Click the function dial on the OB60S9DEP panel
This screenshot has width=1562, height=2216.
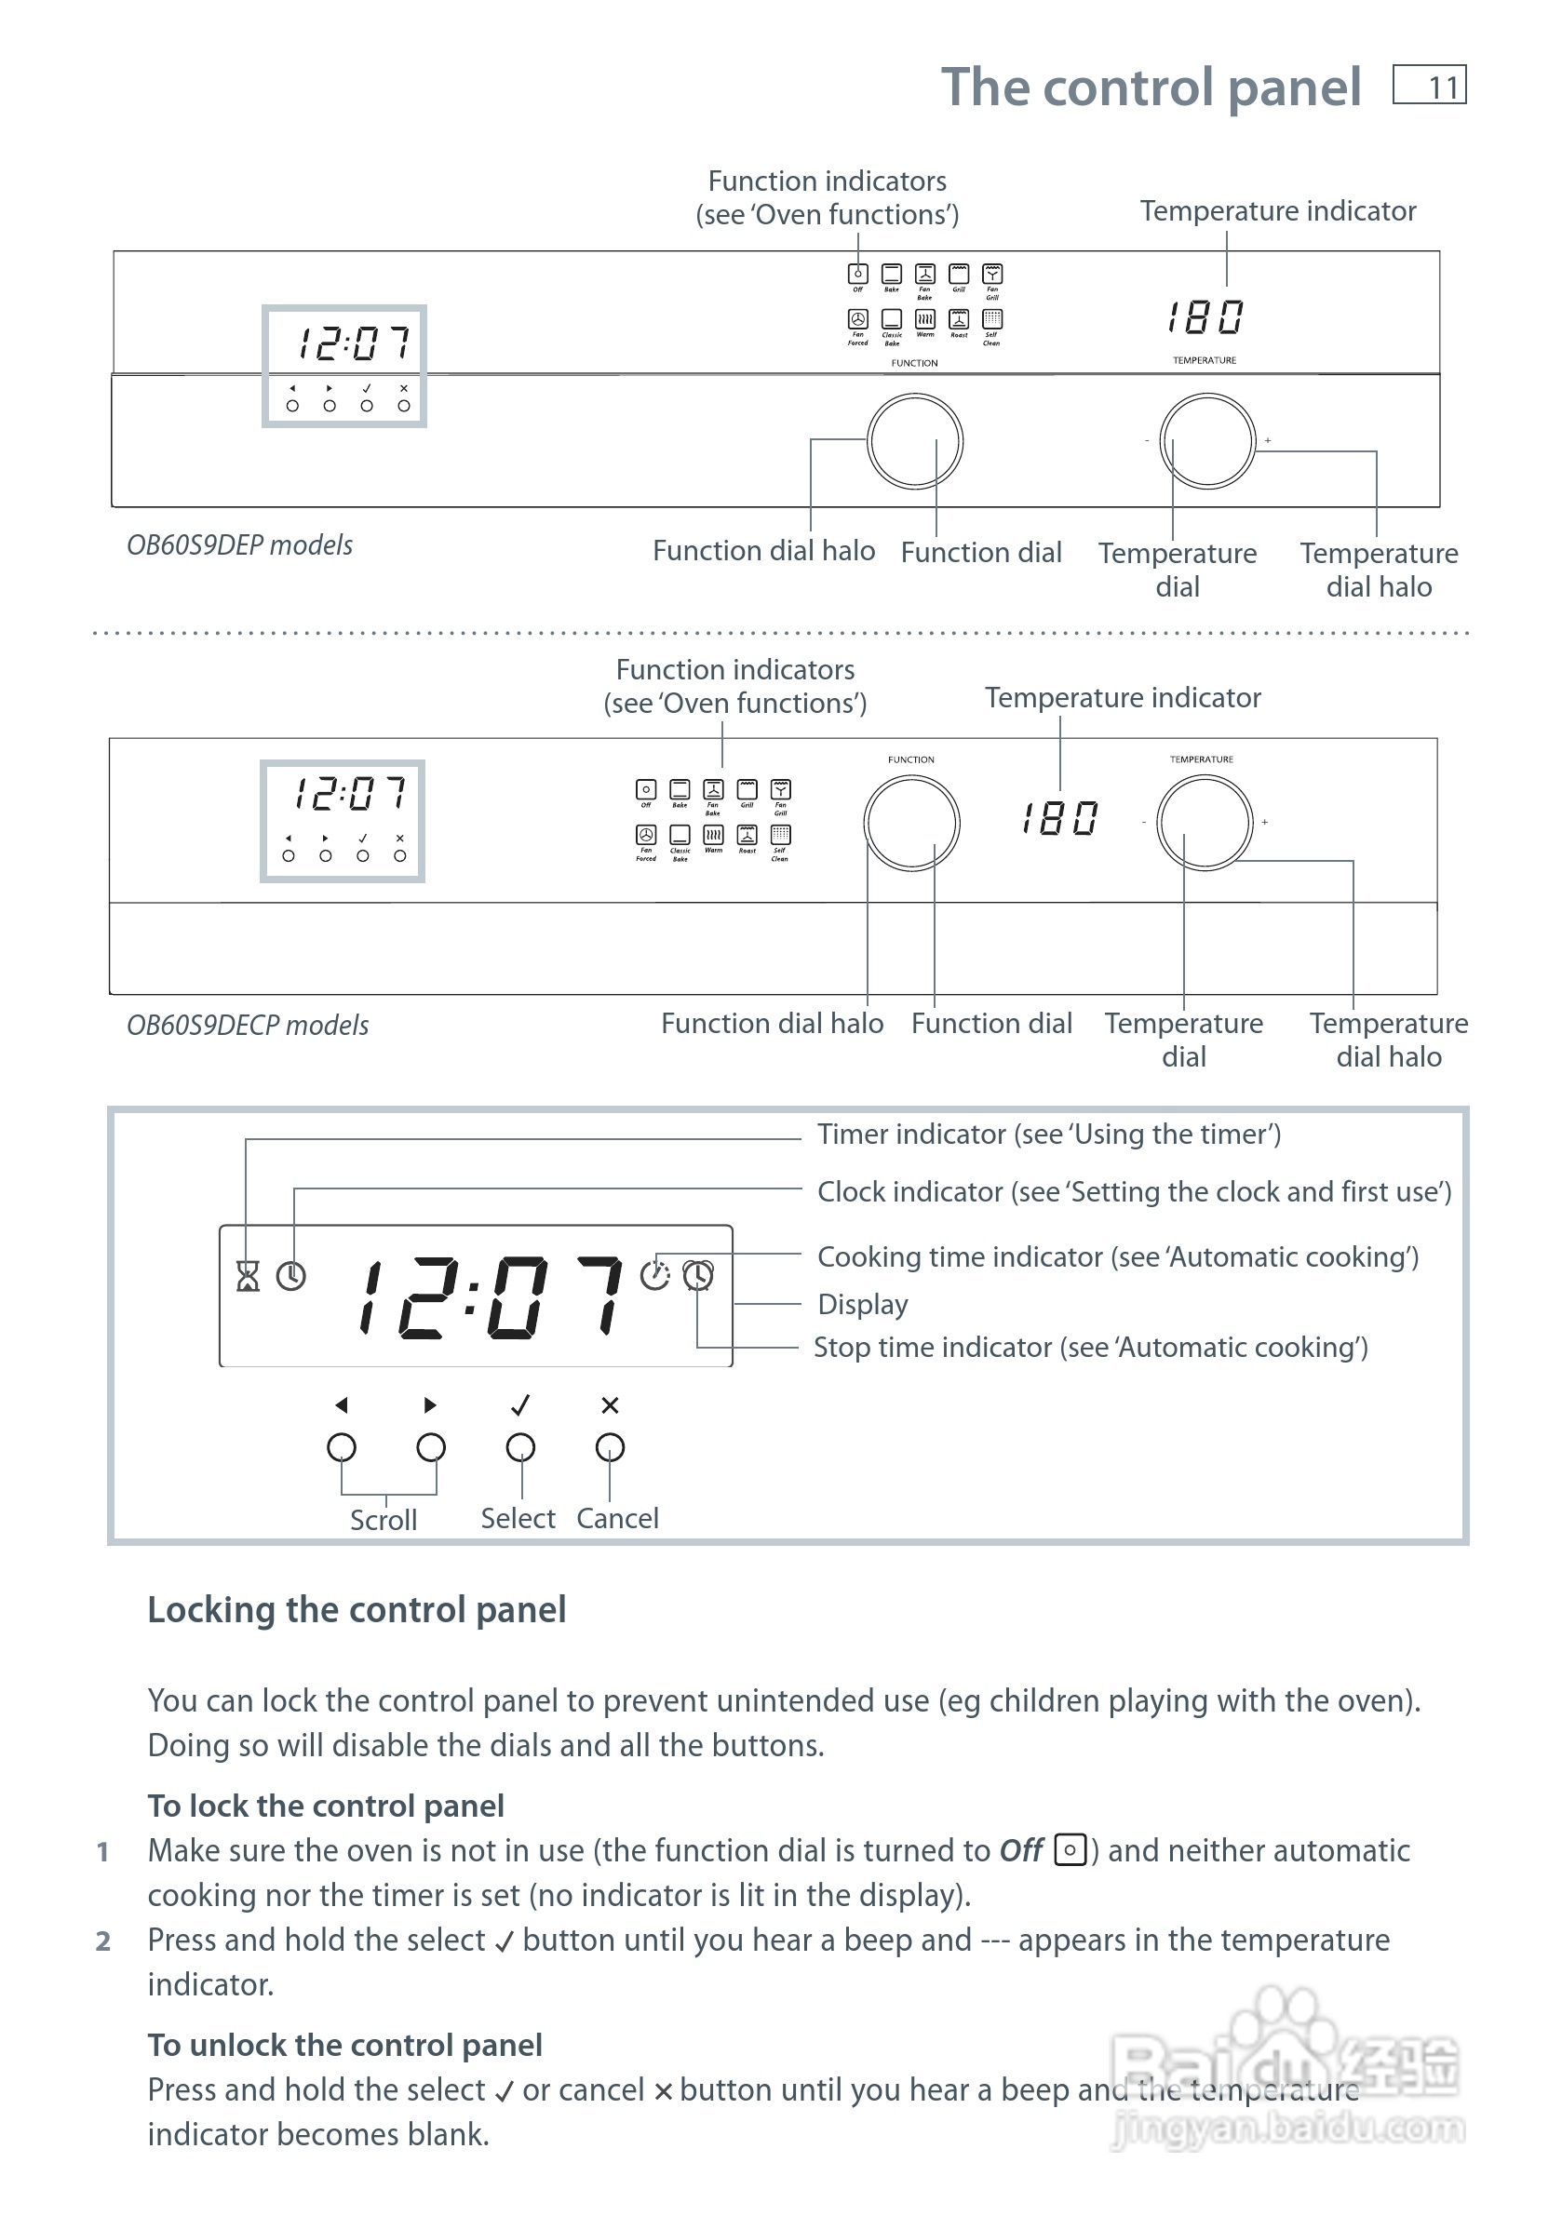tap(913, 441)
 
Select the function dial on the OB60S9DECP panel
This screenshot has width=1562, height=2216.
tap(910, 824)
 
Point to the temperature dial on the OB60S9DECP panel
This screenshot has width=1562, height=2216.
tap(1204, 824)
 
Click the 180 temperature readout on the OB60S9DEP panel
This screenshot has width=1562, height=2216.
tap(1205, 317)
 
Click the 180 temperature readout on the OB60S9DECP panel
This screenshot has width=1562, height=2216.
tap(1059, 818)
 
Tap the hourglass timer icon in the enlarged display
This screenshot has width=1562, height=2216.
tap(249, 1276)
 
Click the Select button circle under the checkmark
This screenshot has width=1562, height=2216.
tap(520, 1448)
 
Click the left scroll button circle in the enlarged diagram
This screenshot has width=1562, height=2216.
tap(341, 1448)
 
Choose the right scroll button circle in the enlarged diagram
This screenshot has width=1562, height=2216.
tap(431, 1448)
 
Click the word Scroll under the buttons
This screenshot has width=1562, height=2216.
tap(384, 1520)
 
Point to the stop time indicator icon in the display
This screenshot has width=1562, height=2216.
tap(698, 1276)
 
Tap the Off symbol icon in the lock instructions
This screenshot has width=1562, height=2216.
tap(1070, 1850)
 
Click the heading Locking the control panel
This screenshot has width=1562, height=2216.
tap(357, 1610)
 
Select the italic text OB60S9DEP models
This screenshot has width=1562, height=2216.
tap(239, 545)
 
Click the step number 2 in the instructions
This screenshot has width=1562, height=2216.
tap(103, 1941)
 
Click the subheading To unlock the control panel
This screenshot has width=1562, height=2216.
tap(344, 2044)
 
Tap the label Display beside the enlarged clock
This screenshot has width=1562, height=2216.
tap(862, 1304)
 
